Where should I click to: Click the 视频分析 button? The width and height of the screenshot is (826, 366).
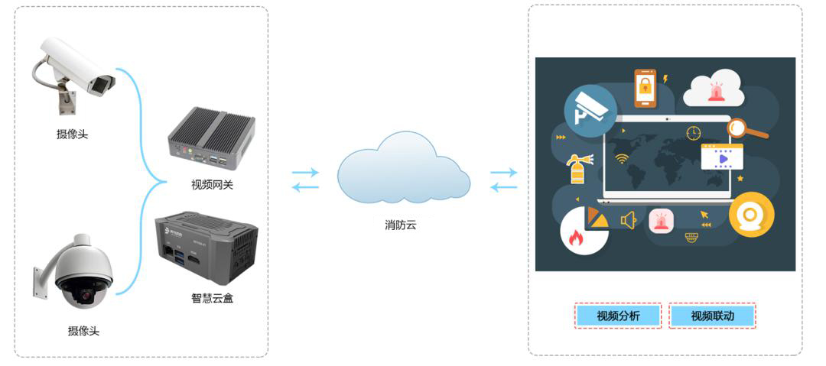click(618, 316)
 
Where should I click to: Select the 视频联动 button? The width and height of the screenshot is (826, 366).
click(712, 316)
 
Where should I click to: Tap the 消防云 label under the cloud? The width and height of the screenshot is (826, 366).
click(401, 225)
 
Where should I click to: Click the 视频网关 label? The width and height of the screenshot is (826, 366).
click(212, 184)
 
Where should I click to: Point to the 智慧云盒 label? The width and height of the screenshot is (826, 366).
click(212, 298)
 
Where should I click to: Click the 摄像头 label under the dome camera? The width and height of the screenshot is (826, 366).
click(83, 331)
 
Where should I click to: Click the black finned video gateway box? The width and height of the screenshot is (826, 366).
click(211, 139)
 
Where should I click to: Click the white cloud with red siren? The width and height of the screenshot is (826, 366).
click(714, 89)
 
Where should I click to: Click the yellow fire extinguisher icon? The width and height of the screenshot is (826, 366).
click(577, 169)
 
